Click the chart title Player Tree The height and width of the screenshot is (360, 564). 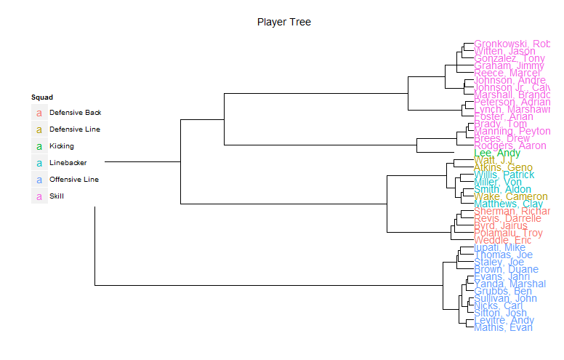pyautogui.click(x=283, y=23)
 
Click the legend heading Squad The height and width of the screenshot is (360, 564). pyautogui.click(x=41, y=97)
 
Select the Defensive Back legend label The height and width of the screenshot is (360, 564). pyautogui.click(x=75, y=113)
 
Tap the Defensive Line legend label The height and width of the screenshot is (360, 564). pyautogui.click(x=75, y=129)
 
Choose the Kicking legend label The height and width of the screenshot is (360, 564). pyautogui.click(x=61, y=146)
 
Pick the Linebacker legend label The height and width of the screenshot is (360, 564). pyautogui.click(x=68, y=163)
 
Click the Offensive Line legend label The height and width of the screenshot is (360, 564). pyautogui.click(x=73, y=179)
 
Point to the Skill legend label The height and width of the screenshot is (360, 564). pyautogui.click(x=57, y=196)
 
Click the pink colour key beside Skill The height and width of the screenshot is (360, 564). pyautogui.click(x=39, y=196)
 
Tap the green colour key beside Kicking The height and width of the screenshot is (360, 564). pyautogui.click(x=39, y=146)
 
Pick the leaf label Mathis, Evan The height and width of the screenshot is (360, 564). pyautogui.click(x=503, y=328)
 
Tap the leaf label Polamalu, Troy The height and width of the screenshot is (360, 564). pyautogui.click(x=508, y=233)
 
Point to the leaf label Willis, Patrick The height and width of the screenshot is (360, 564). pyautogui.click(x=504, y=175)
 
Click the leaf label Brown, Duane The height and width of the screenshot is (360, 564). pyautogui.click(x=506, y=270)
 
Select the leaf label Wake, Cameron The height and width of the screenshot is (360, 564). pyautogui.click(x=510, y=197)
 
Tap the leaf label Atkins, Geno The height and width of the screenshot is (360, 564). pyautogui.click(x=503, y=168)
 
